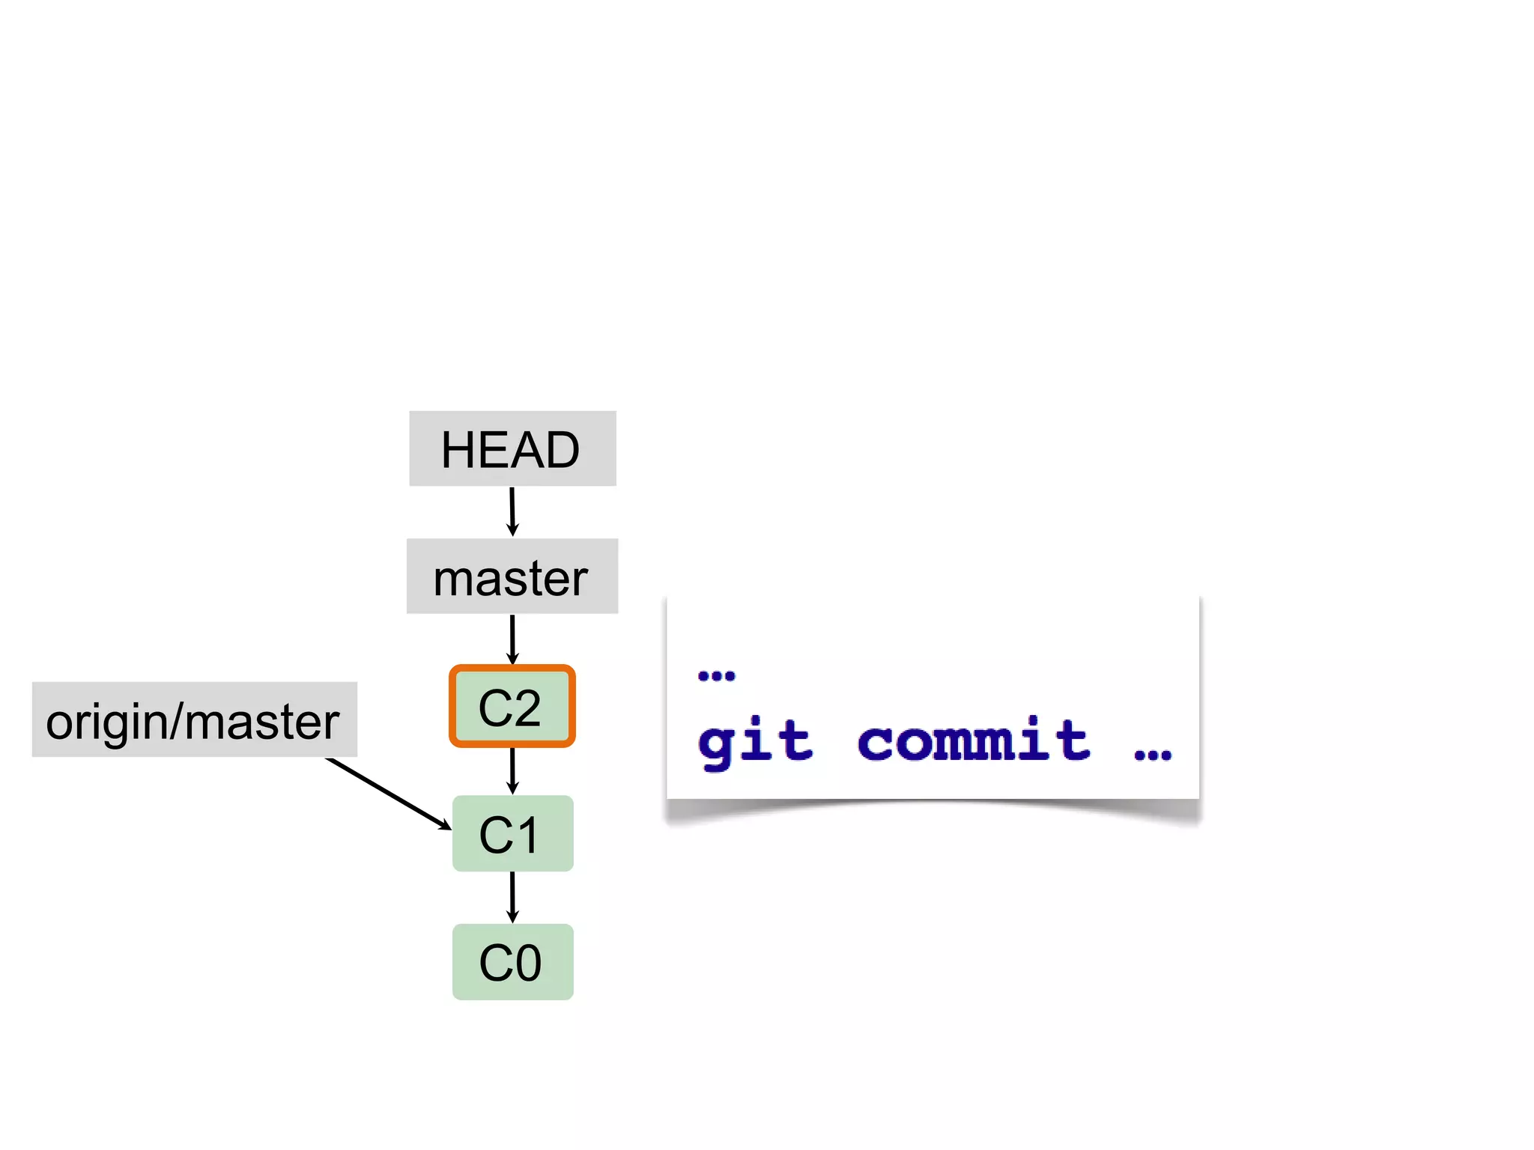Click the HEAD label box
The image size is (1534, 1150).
tap(512, 448)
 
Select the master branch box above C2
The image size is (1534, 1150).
tap(512, 576)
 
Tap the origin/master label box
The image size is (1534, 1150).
tap(194, 719)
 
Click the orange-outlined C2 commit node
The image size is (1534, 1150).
tap(512, 706)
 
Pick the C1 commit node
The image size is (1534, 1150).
tap(512, 833)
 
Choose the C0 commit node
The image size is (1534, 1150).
tap(512, 962)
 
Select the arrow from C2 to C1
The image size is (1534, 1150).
tap(512, 770)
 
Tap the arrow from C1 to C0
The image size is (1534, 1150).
tap(512, 897)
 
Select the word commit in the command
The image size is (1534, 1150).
tap(974, 741)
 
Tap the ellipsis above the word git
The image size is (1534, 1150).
tap(716, 676)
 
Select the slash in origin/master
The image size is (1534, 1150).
tap(177, 721)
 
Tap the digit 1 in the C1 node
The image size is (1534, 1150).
tap(527, 835)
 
